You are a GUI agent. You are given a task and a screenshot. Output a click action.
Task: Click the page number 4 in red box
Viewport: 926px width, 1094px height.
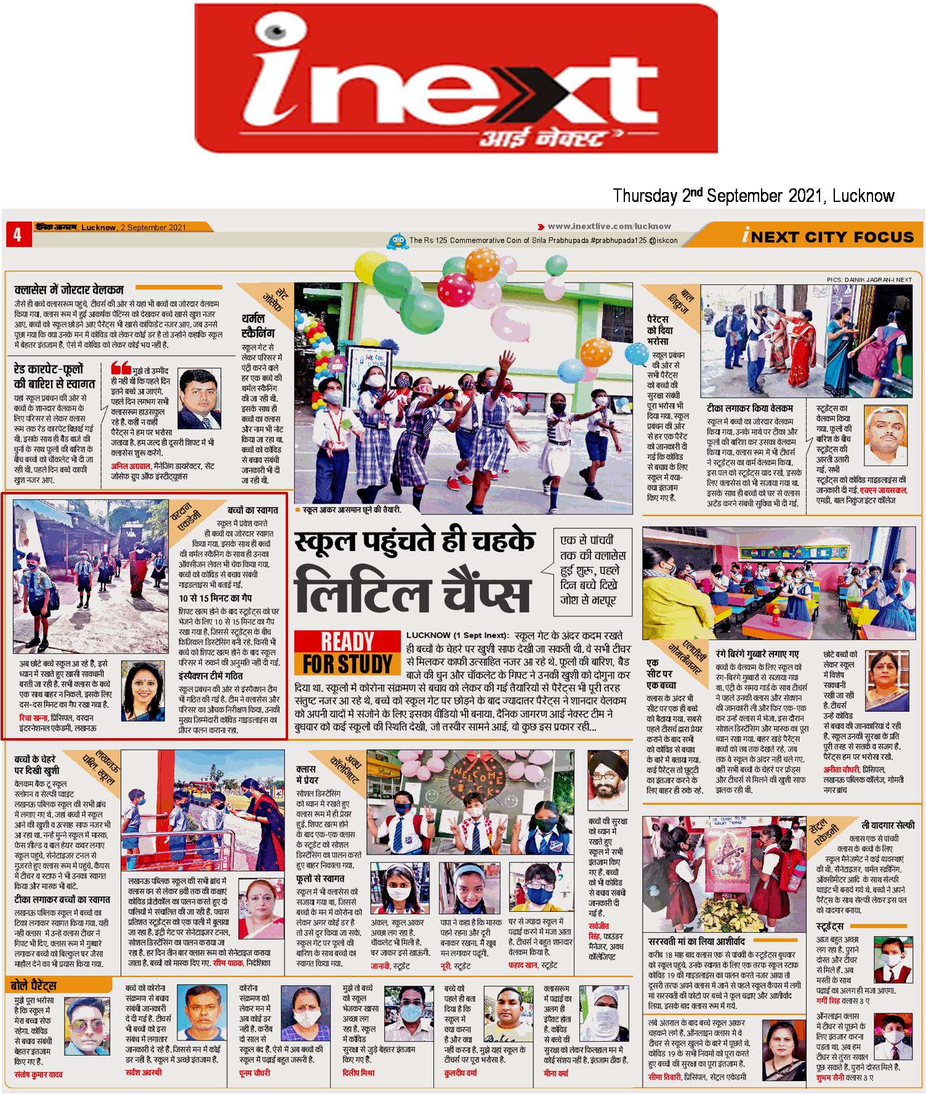[x=17, y=235]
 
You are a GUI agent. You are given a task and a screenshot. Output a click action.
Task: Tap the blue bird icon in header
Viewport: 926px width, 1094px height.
[x=397, y=240]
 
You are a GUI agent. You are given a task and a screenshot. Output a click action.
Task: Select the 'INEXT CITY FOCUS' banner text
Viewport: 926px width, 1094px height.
[x=827, y=236]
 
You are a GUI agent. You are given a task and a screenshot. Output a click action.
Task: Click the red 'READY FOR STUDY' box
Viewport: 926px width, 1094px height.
[x=347, y=653]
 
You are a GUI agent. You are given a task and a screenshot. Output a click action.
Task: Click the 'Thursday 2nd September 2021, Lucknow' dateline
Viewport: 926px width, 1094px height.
[x=753, y=196]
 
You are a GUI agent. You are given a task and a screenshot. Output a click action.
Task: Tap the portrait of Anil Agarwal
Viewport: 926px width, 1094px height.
[x=199, y=398]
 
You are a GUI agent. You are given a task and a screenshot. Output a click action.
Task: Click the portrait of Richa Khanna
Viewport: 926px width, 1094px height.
[x=142, y=691]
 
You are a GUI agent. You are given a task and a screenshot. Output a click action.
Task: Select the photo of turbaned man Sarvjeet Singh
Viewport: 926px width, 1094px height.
[x=603, y=779]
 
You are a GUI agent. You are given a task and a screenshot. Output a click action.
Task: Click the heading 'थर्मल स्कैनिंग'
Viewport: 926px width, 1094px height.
[x=257, y=325]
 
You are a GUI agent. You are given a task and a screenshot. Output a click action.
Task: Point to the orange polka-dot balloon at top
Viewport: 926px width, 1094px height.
[x=482, y=263]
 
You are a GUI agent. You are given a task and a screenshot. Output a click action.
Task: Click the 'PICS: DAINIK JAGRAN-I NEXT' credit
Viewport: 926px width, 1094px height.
[x=869, y=280]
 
